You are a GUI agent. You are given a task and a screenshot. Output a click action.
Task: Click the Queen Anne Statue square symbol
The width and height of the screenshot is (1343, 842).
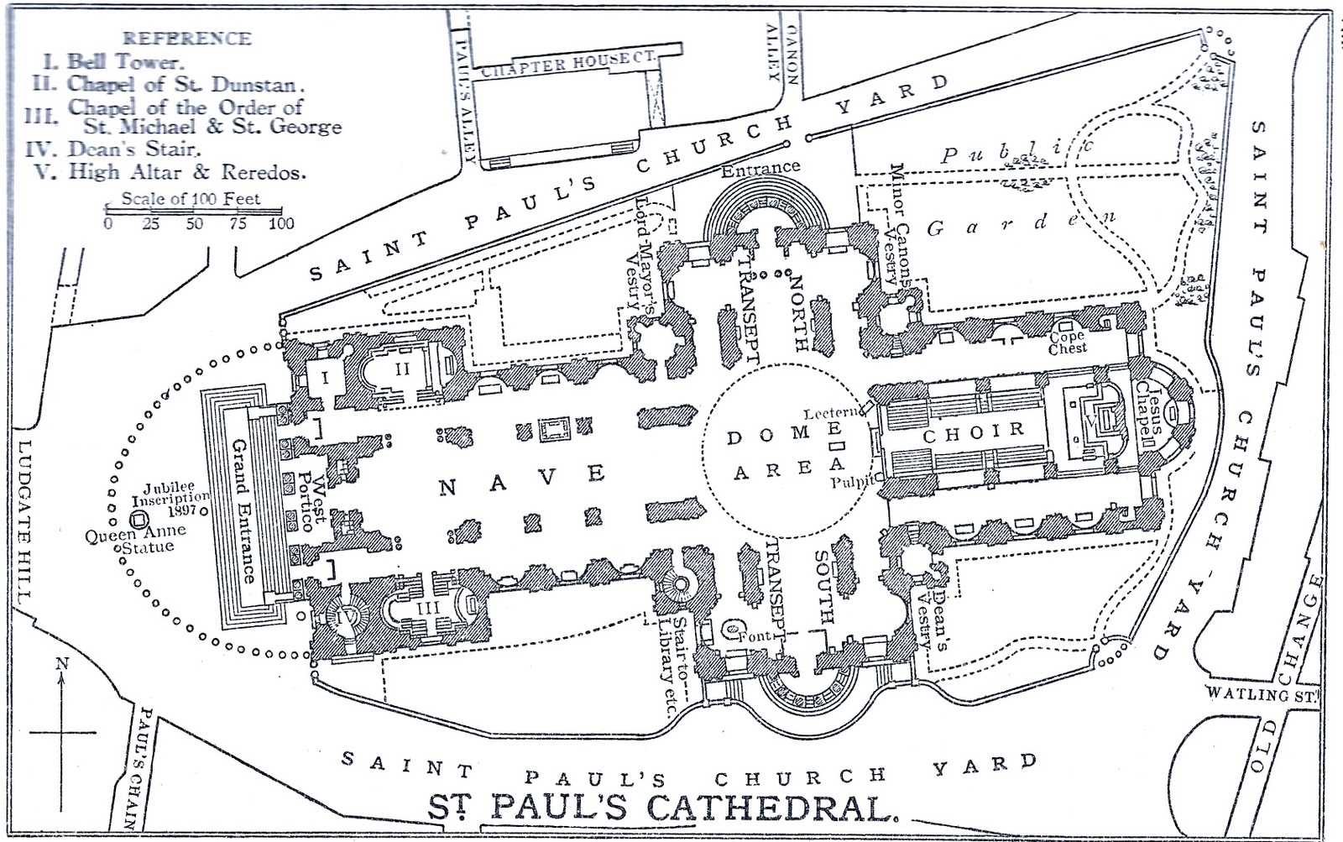140,519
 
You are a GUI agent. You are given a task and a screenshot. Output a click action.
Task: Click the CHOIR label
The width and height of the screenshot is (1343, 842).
974,433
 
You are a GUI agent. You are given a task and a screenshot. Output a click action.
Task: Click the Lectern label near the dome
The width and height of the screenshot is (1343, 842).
831,413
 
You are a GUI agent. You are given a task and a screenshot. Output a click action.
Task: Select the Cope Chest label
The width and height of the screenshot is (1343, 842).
1067,343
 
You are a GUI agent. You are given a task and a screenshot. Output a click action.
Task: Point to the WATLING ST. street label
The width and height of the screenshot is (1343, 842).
1262,694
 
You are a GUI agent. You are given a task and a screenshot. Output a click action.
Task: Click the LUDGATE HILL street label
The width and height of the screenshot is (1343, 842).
24,521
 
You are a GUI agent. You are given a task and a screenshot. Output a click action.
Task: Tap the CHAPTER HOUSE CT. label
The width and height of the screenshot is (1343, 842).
567,65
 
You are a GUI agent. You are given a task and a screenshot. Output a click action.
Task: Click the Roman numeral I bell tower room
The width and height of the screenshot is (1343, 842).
326,378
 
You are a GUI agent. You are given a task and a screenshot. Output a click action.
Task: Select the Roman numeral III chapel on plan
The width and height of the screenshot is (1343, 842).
428,608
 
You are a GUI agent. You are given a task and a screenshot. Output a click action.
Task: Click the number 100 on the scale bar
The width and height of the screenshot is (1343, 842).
281,223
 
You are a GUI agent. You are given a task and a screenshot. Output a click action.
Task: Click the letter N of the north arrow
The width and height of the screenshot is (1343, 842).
61,663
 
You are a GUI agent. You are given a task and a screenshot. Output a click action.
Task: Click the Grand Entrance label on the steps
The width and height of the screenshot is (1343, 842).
243,510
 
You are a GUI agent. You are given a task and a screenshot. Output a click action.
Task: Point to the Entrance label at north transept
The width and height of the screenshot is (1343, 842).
760,167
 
